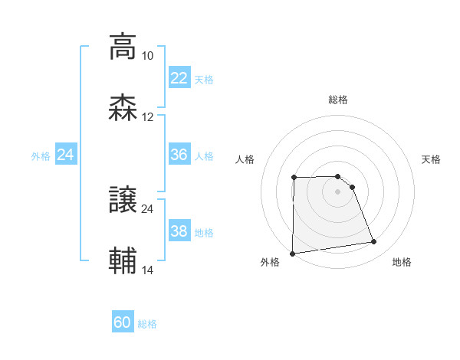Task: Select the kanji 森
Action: (x=123, y=107)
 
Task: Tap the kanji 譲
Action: (x=123, y=199)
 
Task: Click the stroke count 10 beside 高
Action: (x=147, y=56)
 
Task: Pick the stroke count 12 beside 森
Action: (x=147, y=117)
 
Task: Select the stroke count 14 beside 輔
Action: (x=147, y=270)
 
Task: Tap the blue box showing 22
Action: (x=179, y=78)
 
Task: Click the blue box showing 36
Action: (x=179, y=155)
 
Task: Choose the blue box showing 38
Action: (x=179, y=231)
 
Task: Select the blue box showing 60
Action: (x=123, y=322)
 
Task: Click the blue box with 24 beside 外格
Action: (x=66, y=155)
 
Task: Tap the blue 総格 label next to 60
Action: (x=148, y=324)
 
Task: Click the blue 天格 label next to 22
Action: (x=204, y=80)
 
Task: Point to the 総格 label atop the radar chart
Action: (x=338, y=100)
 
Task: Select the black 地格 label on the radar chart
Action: (x=402, y=263)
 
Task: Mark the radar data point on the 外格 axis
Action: (x=292, y=253)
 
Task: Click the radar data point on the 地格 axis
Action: (x=374, y=242)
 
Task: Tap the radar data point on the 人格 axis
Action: (x=294, y=178)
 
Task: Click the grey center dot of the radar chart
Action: (x=338, y=191)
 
